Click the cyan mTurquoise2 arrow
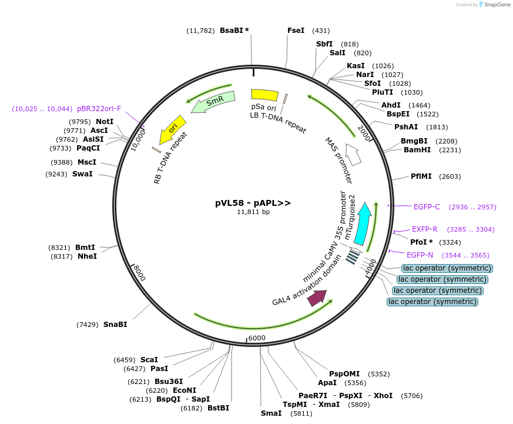pos(363,223)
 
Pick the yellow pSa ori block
pos(264,95)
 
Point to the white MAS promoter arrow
pos(353,154)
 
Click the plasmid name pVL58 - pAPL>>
pos(253,203)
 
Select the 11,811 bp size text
pos(253,212)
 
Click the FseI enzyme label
pos(296,31)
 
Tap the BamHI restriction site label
pos(417,150)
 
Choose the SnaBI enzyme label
pos(115,325)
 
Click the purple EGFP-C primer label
pos(427,207)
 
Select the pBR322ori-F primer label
pos(99,109)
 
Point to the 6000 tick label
pos(257,338)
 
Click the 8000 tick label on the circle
pos(139,272)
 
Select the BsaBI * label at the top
pos(234,31)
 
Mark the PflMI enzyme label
pos(420,176)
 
